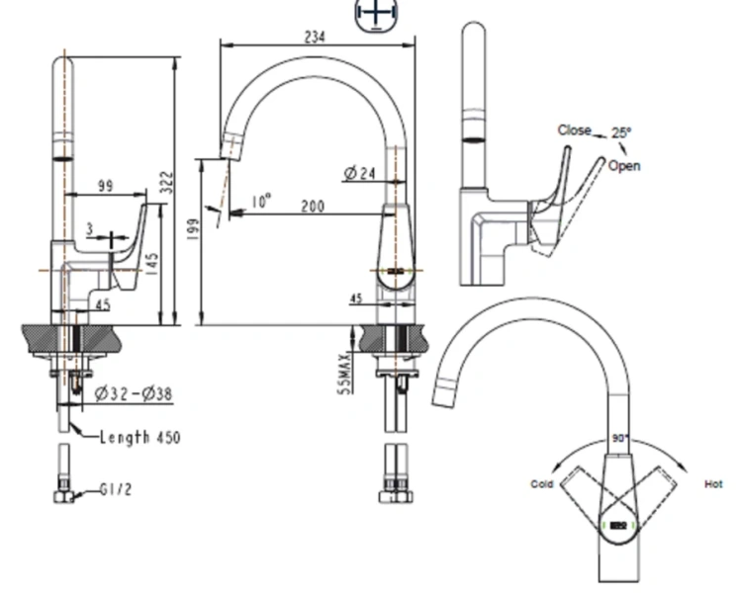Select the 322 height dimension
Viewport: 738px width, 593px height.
point(168,182)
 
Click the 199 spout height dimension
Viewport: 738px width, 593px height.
point(193,229)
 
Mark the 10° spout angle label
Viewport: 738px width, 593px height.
point(260,201)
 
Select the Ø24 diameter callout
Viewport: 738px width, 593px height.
point(360,174)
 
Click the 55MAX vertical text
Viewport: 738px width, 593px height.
point(343,374)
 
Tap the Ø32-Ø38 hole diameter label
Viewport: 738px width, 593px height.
point(134,394)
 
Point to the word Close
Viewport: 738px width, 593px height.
point(574,129)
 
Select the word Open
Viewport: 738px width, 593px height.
point(624,165)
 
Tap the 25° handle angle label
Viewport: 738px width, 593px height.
point(620,132)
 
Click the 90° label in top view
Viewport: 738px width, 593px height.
point(620,438)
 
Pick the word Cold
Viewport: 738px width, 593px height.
point(541,484)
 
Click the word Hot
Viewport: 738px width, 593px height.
point(713,484)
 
